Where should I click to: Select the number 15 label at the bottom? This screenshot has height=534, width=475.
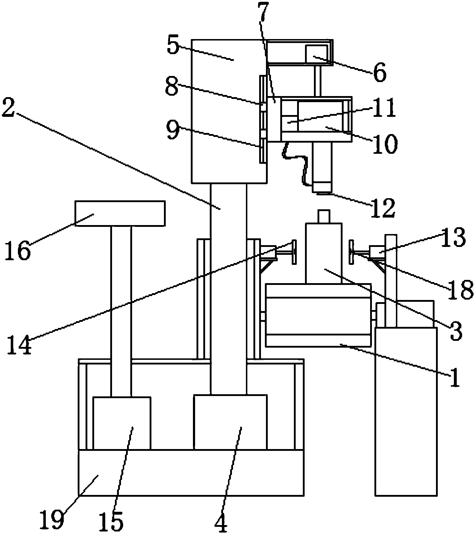tap(111, 520)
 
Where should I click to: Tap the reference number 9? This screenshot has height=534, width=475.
tap(173, 131)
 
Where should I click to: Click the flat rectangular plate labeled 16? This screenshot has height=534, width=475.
tap(120, 213)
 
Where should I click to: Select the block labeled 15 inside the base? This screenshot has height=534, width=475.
tap(121, 423)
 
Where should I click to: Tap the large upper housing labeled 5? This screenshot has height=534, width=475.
tap(229, 111)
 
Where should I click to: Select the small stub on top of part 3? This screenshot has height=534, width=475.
tap(323, 216)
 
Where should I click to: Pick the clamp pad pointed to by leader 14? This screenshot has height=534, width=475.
tap(294, 252)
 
